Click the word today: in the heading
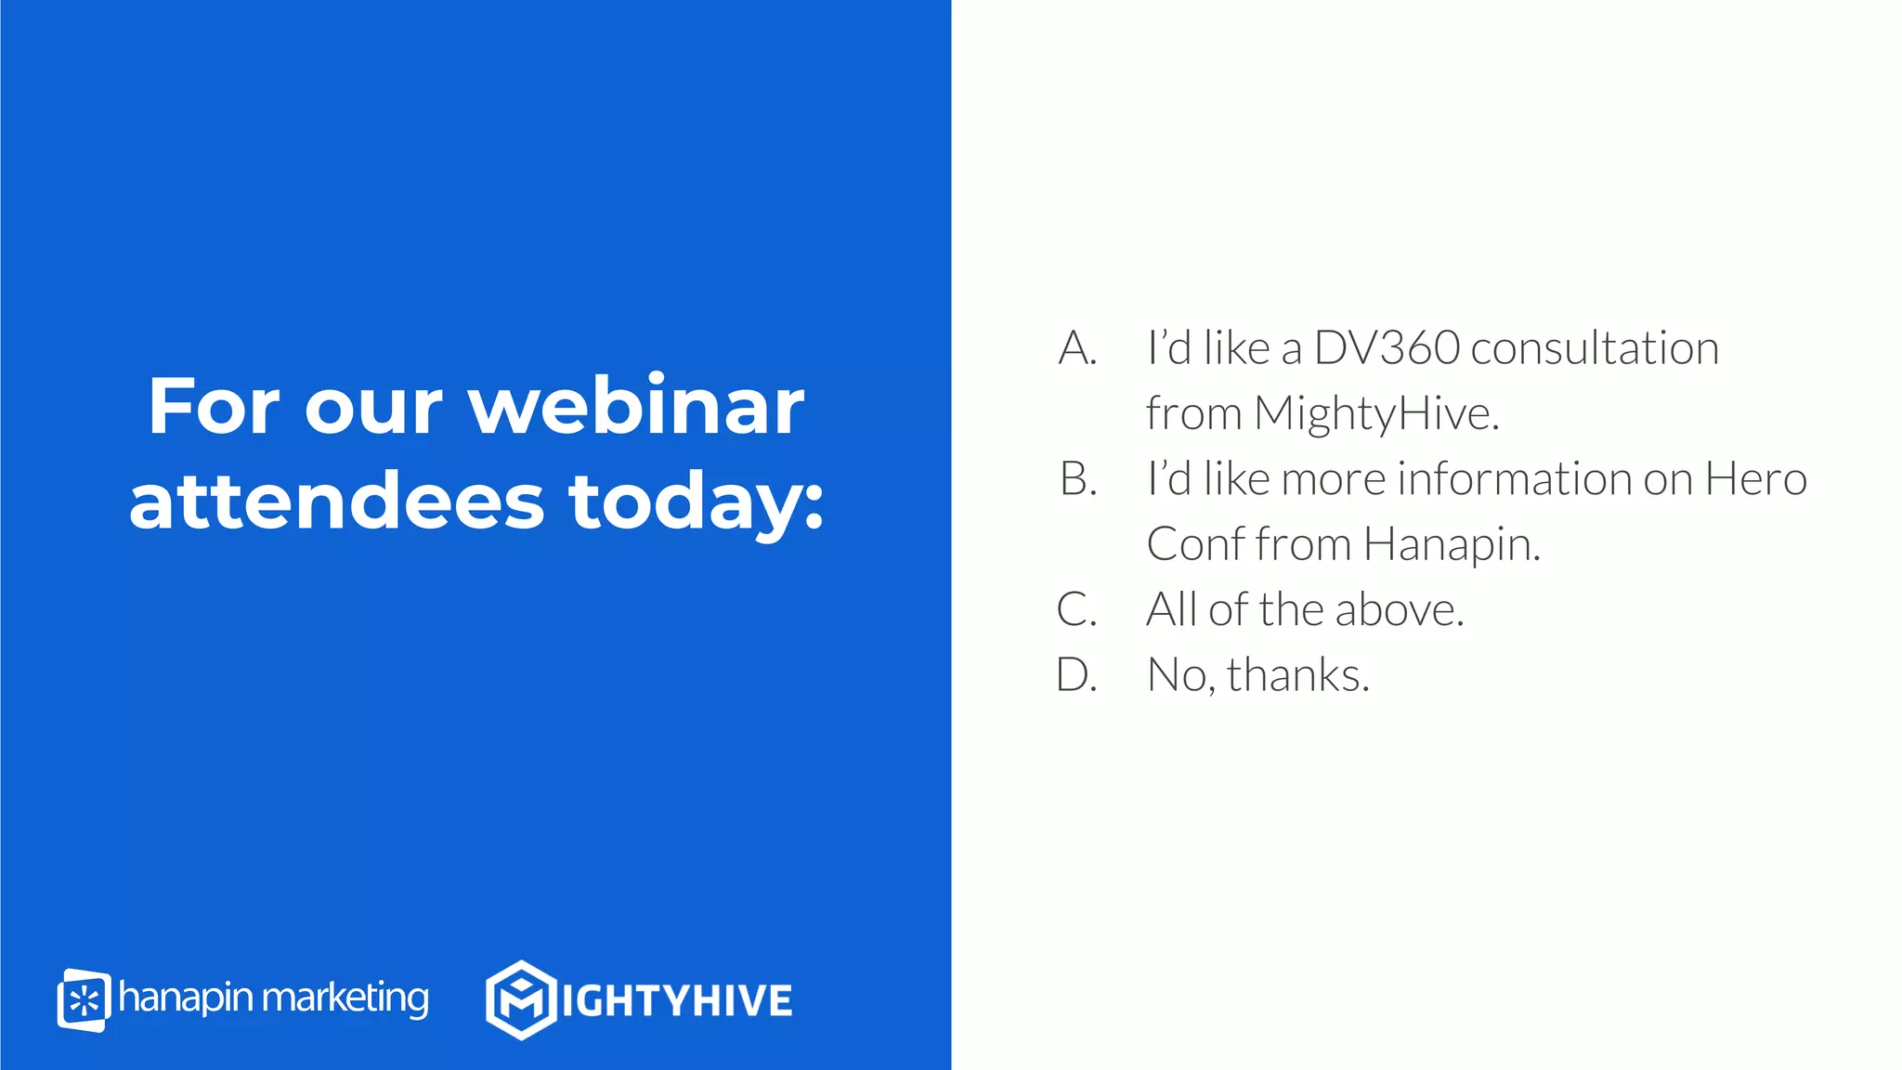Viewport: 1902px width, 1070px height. [x=697, y=502]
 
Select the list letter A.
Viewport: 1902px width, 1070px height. [x=1077, y=348]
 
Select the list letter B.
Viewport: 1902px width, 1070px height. [x=1078, y=479]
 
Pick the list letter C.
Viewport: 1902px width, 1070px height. [x=1076, y=610]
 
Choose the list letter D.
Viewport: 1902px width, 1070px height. [x=1077, y=675]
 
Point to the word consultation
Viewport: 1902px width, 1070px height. [x=1595, y=348]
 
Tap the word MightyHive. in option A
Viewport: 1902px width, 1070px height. [x=1376, y=413]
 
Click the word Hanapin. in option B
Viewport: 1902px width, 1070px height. [x=1452, y=545]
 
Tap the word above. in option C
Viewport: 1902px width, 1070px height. [x=1400, y=610]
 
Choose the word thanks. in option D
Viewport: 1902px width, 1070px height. [x=1298, y=675]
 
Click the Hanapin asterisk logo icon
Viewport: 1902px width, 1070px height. [x=84, y=1000]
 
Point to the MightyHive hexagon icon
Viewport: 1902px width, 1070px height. [x=521, y=999]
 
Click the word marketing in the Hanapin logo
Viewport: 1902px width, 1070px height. [x=345, y=998]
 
